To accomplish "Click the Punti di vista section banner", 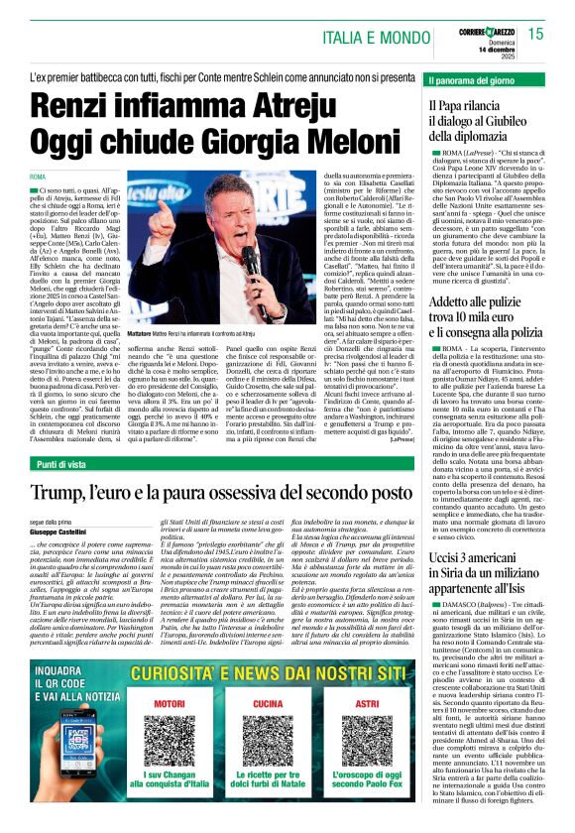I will point(68,465).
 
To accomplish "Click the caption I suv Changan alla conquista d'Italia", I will point(184,796).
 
